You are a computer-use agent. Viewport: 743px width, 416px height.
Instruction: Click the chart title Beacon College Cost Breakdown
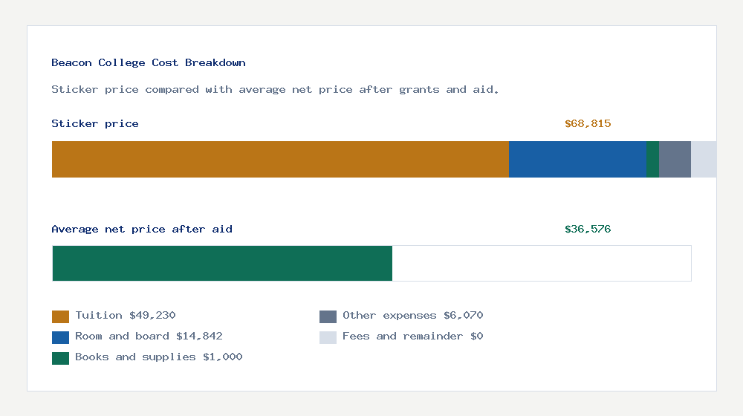click(x=149, y=63)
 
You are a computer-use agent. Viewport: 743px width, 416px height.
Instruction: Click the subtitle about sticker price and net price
click(x=275, y=90)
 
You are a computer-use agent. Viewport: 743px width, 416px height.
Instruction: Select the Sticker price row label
click(x=95, y=124)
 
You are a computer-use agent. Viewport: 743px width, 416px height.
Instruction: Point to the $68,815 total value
click(x=588, y=124)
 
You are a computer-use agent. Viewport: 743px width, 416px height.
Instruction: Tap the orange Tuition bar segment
click(x=280, y=159)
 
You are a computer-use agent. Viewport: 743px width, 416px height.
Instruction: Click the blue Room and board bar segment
click(x=577, y=159)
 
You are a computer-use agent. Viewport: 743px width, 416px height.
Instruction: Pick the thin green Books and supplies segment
click(x=652, y=159)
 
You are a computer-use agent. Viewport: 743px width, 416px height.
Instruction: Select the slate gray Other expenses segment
click(x=675, y=159)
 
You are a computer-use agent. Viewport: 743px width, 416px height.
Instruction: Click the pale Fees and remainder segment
click(x=704, y=159)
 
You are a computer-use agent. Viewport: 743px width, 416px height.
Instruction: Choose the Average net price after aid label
click(x=142, y=230)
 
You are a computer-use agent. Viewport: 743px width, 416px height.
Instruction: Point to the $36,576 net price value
click(x=588, y=230)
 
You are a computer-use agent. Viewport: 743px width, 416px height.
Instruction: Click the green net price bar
click(x=222, y=264)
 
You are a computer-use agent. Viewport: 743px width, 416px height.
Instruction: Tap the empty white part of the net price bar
click(x=542, y=264)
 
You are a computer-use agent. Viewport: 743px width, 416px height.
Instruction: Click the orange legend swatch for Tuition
click(x=60, y=316)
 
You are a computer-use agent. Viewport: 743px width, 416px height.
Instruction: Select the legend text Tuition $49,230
click(x=126, y=316)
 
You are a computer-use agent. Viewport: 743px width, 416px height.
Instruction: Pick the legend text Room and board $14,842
click(x=149, y=337)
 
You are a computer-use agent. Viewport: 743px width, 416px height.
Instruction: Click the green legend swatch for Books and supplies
click(x=60, y=358)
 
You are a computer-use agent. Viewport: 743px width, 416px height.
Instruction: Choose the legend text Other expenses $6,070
click(x=412, y=316)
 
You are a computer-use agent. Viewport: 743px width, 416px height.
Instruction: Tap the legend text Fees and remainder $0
click(x=412, y=337)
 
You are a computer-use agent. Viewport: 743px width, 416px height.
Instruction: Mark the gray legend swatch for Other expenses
click(x=328, y=316)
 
